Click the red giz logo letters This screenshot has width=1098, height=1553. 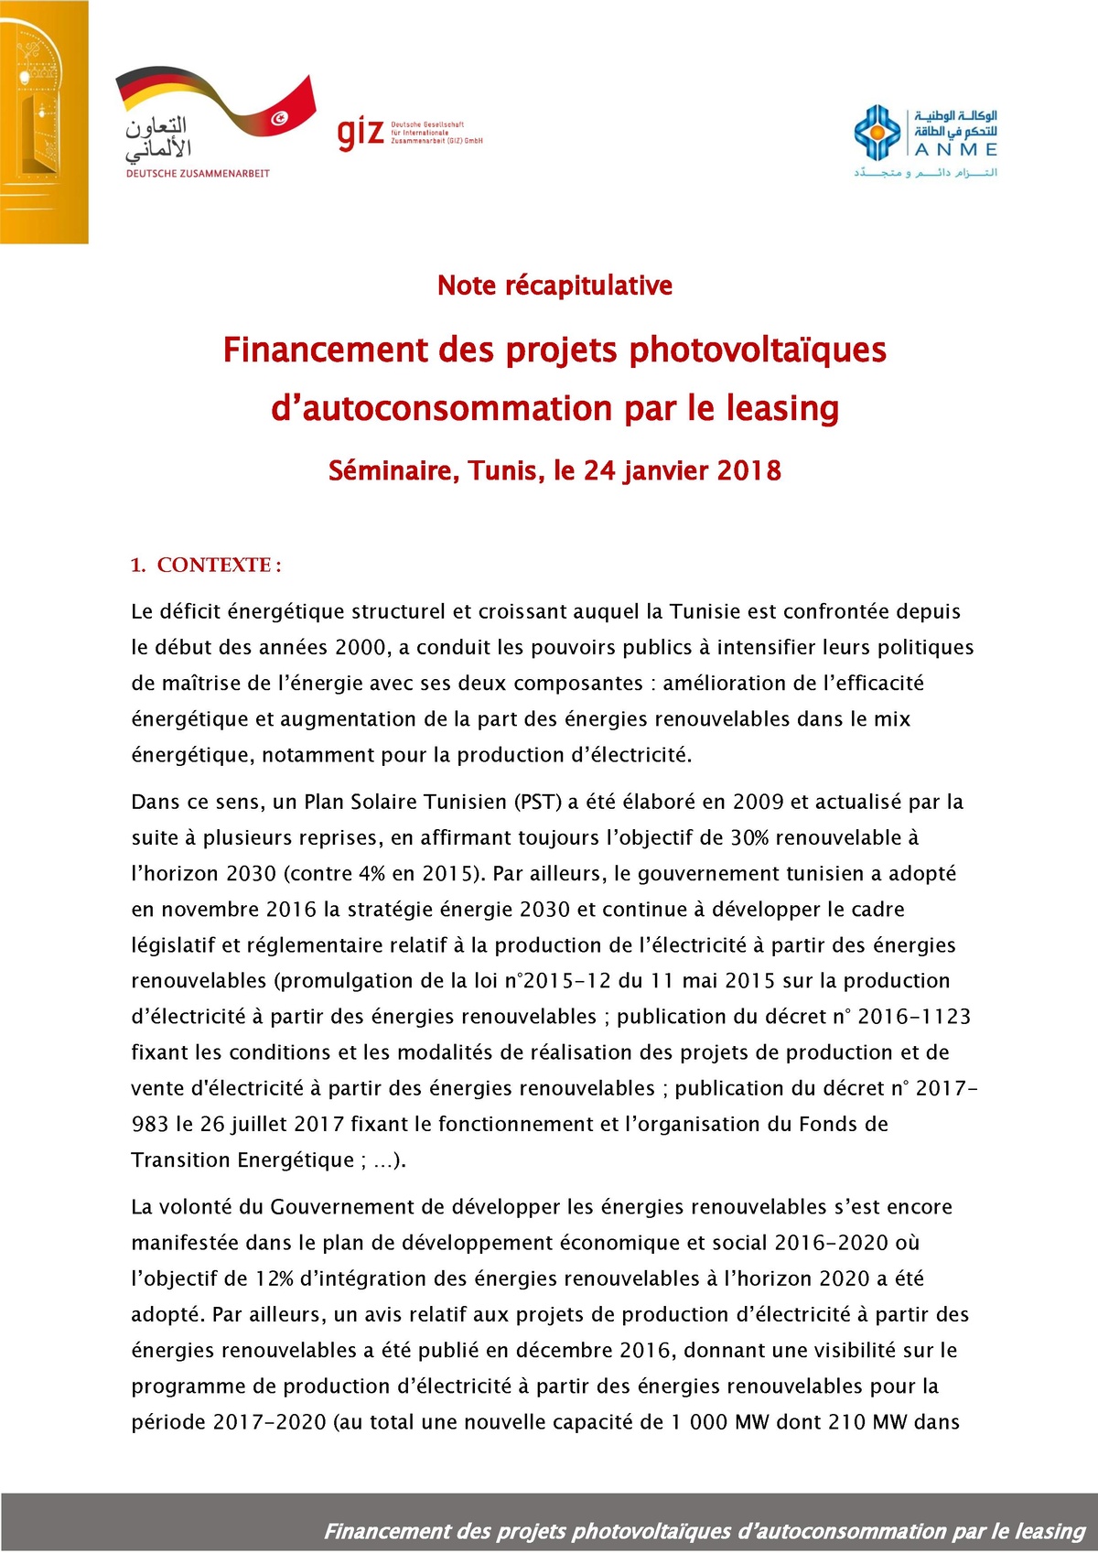click(x=361, y=134)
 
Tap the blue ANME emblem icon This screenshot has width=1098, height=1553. click(x=877, y=134)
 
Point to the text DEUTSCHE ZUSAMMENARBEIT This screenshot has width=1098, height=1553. click(x=198, y=173)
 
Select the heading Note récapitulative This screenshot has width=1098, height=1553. click(x=554, y=286)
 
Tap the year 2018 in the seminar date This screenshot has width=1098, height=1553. click(x=748, y=470)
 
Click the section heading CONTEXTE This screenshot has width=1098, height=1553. click(x=214, y=565)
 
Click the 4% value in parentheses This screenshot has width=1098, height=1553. click(x=371, y=873)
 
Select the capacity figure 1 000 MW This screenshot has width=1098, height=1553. click(x=707, y=1422)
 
